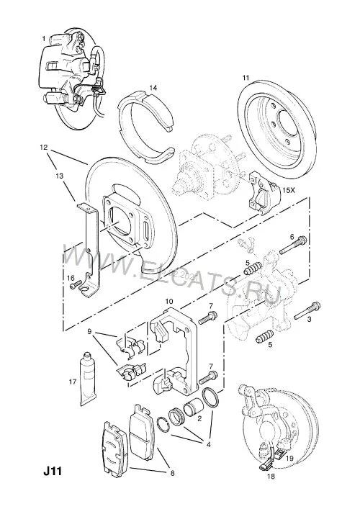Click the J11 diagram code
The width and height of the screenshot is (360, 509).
click(53, 471)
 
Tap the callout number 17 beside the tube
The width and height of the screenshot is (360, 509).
click(73, 382)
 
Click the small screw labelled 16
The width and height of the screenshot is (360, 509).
click(76, 285)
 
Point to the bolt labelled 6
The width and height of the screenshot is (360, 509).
click(293, 245)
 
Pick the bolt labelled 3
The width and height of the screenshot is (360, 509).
click(307, 311)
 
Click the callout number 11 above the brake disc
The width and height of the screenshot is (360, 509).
click(246, 78)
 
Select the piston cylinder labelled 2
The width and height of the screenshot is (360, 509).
click(193, 409)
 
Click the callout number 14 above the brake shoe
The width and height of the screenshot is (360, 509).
click(153, 88)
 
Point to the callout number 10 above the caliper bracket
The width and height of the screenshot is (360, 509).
click(168, 301)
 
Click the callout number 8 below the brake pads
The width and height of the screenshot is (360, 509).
click(172, 473)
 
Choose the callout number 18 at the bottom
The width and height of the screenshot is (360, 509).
click(271, 477)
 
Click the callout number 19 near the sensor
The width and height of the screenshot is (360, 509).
click(289, 459)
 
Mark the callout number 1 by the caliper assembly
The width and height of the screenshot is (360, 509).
click(44, 39)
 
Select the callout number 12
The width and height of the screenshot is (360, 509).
click(44, 147)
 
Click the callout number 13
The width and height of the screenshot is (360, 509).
click(59, 176)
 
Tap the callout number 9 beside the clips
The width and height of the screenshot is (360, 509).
click(89, 331)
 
